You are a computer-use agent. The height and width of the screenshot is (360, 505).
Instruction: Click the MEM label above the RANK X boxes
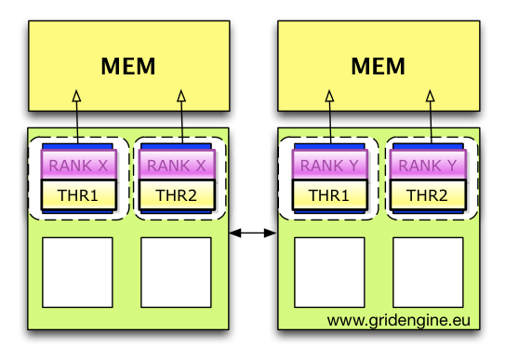coord(127,67)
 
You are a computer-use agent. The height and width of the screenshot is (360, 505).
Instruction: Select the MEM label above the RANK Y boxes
coord(379,67)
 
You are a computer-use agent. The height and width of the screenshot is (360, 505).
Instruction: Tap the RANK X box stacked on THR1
coord(79,166)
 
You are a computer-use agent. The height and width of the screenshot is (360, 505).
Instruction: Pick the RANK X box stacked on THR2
coord(176,166)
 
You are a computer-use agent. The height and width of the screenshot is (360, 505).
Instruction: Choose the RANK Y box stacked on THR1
coord(330,166)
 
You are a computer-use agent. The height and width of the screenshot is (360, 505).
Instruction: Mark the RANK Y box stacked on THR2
coord(428,166)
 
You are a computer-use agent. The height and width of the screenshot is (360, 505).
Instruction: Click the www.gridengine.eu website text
coord(397,321)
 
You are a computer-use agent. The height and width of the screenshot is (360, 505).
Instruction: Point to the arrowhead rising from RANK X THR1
coord(79,96)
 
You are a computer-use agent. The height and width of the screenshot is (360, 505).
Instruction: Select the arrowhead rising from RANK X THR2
coord(180,96)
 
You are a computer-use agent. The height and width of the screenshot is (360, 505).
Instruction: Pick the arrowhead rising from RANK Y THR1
coord(329,96)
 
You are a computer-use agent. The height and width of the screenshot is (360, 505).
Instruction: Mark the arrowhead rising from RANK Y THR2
coord(431,96)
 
